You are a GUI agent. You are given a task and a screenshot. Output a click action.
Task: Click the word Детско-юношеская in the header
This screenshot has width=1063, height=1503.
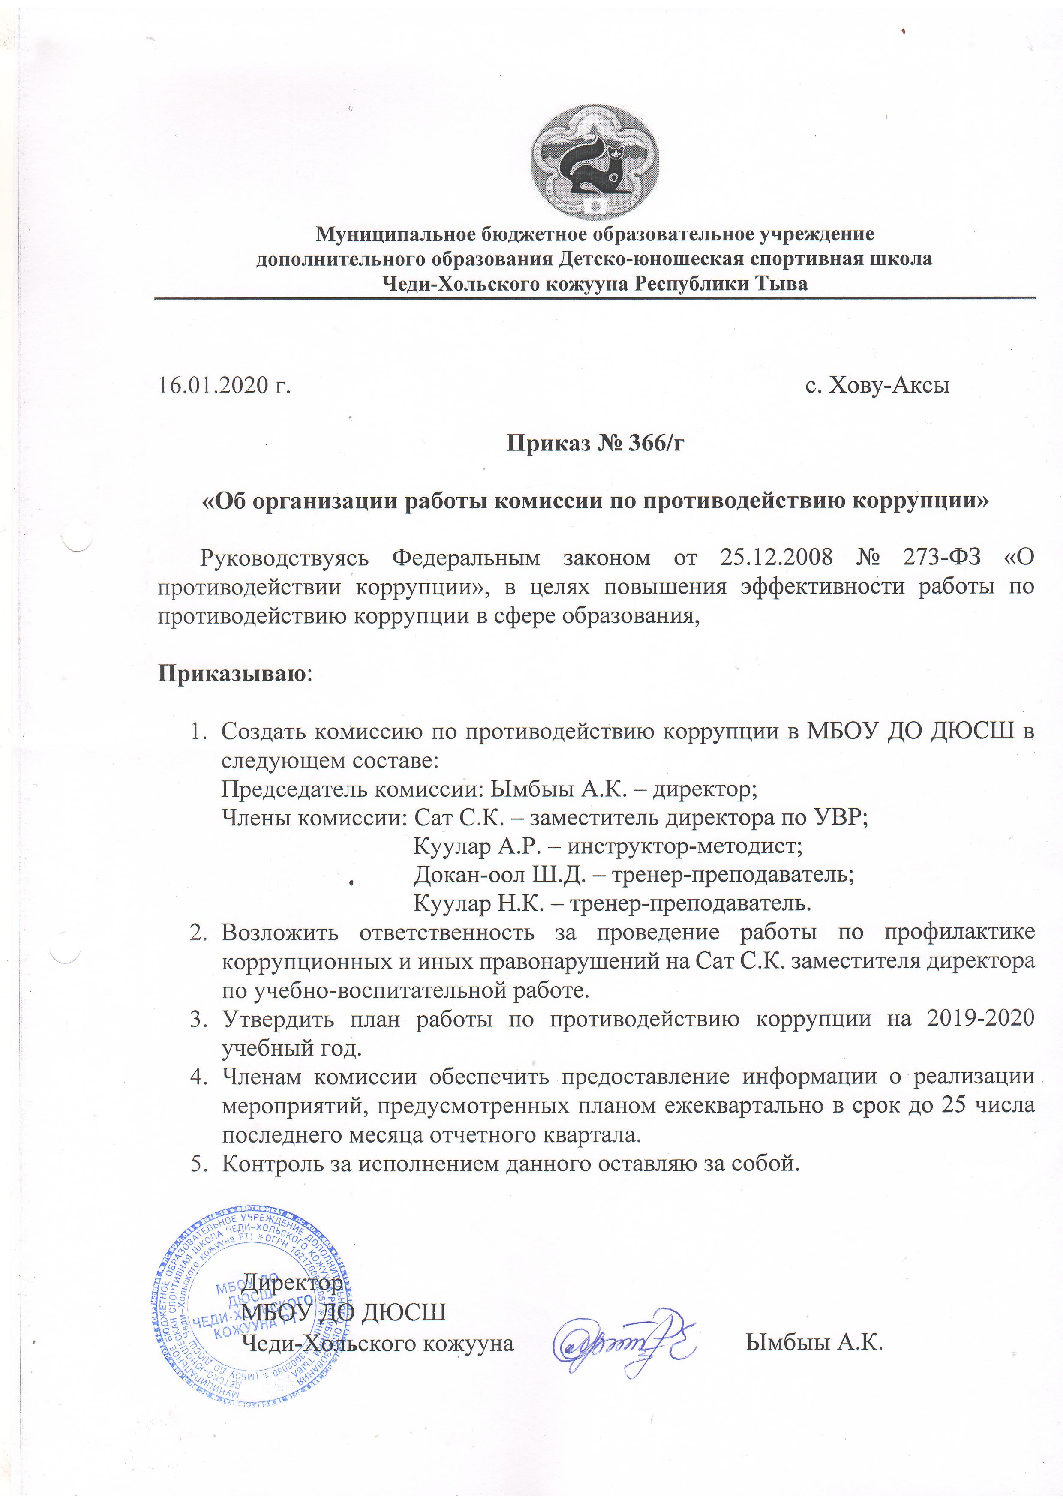click(651, 259)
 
